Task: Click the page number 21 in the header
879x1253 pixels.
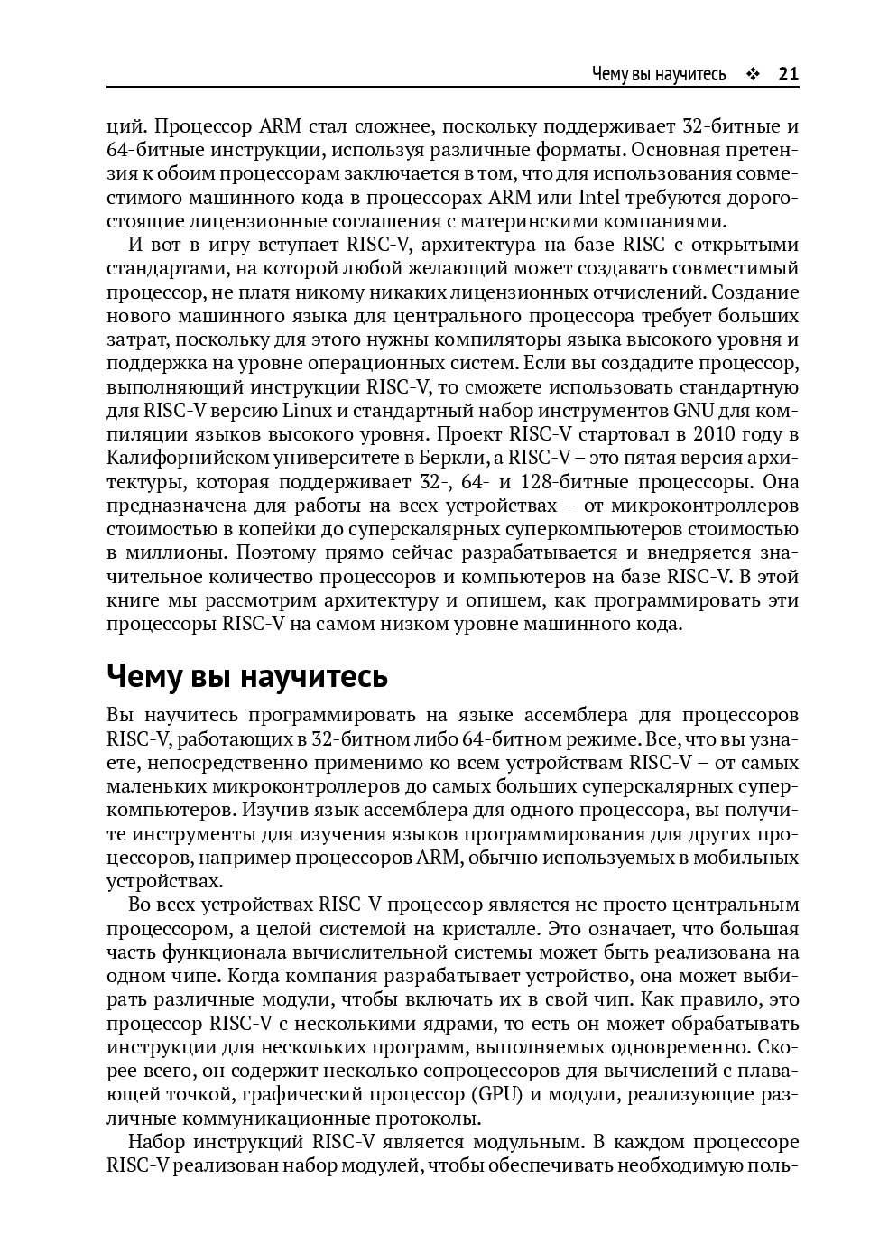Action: tap(788, 74)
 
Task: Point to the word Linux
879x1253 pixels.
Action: tap(308, 411)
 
